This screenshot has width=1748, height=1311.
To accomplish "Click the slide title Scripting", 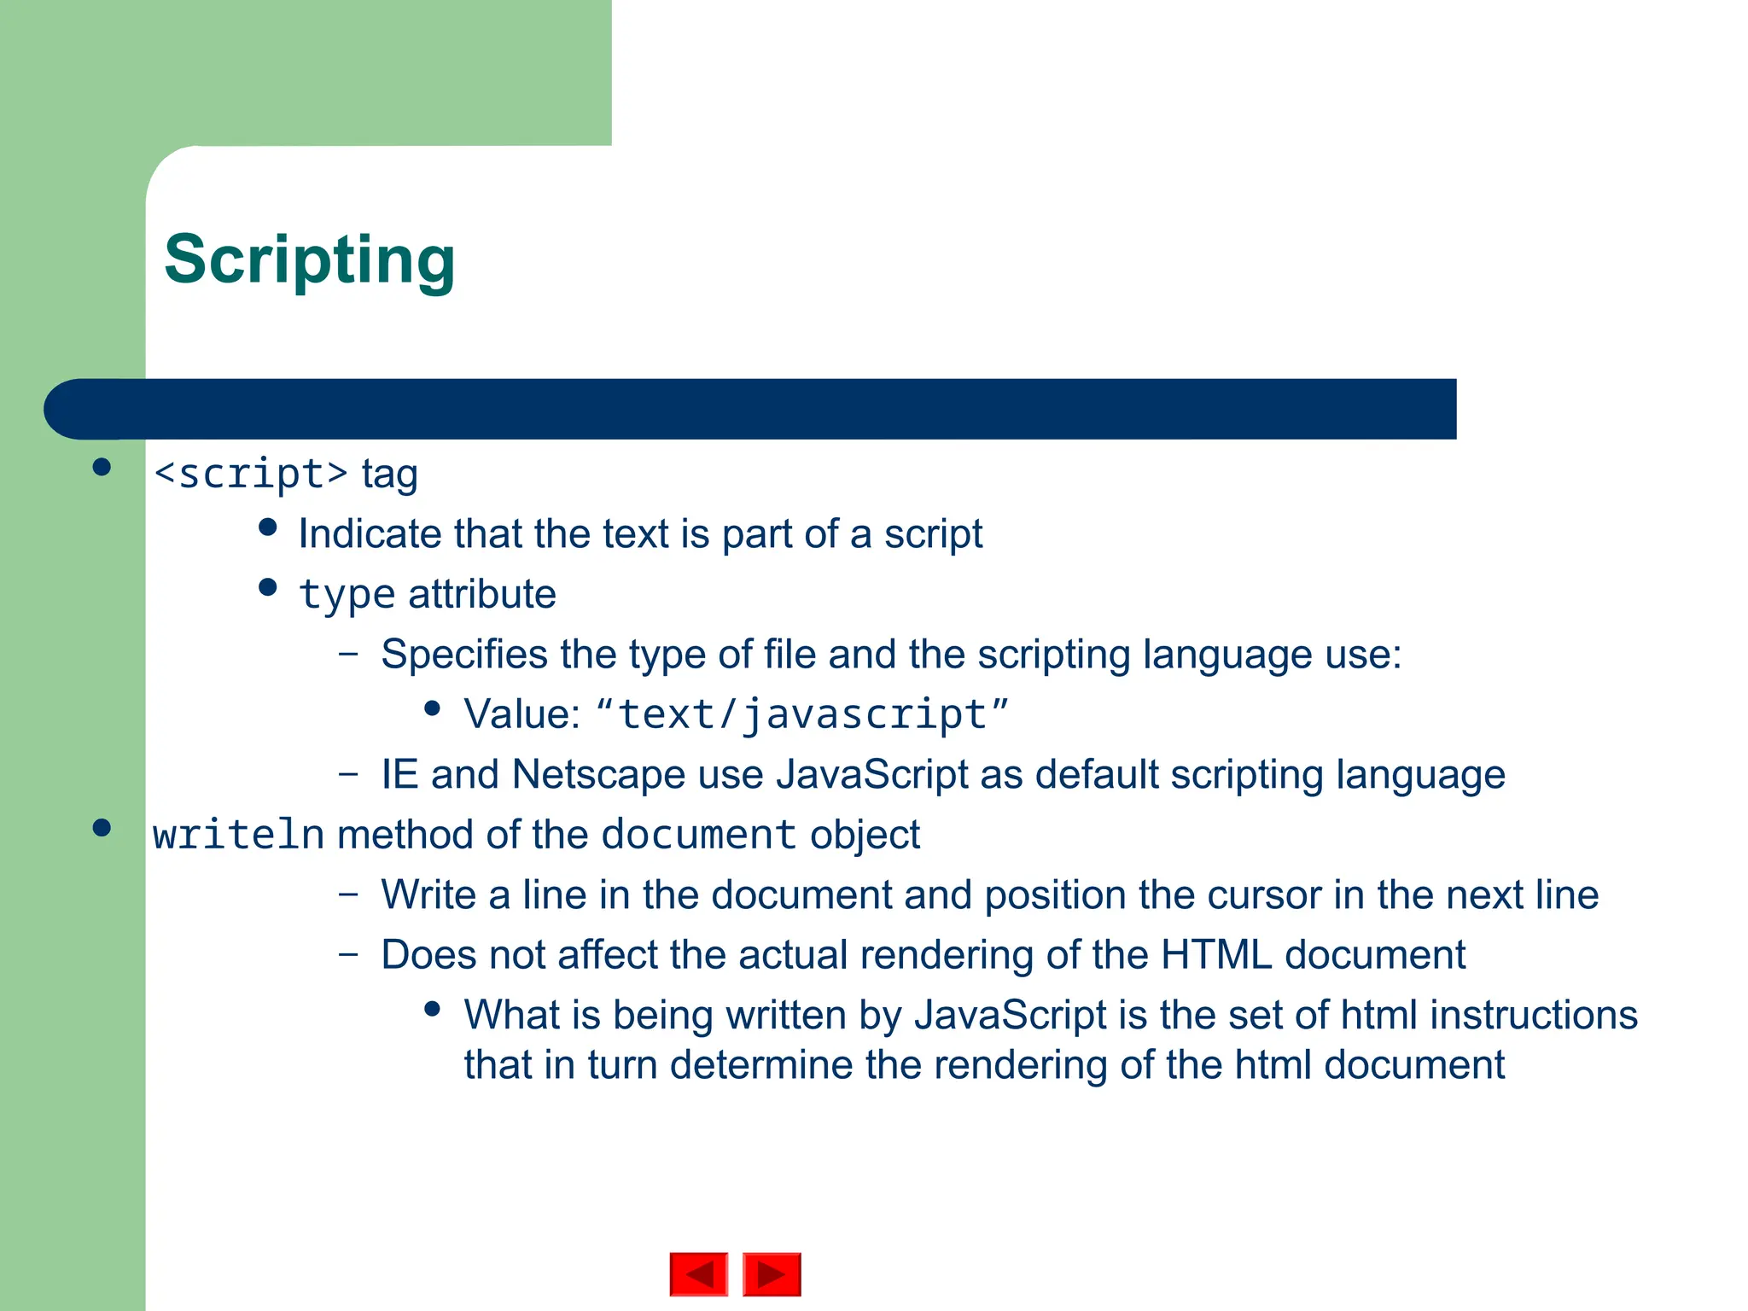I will pyautogui.click(x=309, y=259).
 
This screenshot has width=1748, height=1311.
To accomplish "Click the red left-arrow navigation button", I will pyautogui.click(x=699, y=1274).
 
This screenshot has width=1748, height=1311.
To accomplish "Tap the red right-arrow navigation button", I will pyautogui.click(x=772, y=1274).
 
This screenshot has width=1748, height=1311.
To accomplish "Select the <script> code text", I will pyautogui.click(x=251, y=474).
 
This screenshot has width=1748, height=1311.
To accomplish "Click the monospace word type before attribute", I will pyautogui.click(x=347, y=595).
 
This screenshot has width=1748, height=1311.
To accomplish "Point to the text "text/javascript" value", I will pyautogui.click(x=802, y=714).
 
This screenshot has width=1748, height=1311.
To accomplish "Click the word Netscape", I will pyautogui.click(x=598, y=775).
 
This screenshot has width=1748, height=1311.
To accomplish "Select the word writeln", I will pyautogui.click(x=238, y=835).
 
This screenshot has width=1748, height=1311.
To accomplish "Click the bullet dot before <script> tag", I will pyautogui.click(x=102, y=467).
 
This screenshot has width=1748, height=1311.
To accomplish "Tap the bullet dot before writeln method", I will pyautogui.click(x=102, y=828).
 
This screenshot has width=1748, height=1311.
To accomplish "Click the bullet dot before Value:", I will pyautogui.click(x=432, y=708).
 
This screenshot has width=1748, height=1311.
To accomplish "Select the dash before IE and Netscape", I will pyautogui.click(x=348, y=774).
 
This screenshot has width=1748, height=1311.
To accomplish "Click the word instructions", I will pyautogui.click(x=1533, y=1016).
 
